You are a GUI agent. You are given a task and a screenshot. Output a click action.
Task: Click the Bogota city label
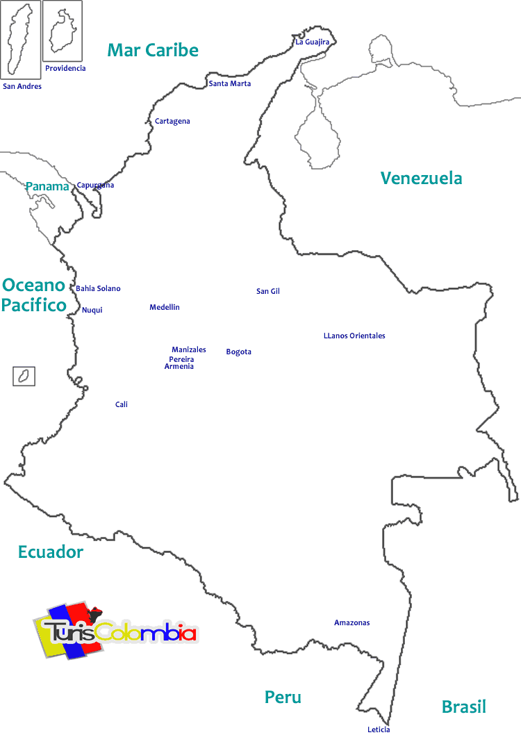[238, 352]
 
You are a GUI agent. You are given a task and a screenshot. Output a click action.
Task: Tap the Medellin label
[165, 307]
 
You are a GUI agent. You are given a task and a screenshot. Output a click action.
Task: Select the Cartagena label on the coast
[172, 122]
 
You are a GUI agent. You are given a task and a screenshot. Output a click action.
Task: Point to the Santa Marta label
[230, 83]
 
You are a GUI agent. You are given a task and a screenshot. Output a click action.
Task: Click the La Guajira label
[312, 42]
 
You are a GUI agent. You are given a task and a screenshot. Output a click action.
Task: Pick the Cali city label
[122, 404]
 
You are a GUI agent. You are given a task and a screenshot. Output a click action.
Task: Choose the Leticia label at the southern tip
[379, 729]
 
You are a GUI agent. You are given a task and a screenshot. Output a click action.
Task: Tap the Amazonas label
[352, 622]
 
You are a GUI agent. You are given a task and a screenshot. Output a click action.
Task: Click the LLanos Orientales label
[354, 336]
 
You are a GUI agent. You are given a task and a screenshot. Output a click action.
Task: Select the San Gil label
[267, 291]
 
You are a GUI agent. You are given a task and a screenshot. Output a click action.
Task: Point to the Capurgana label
[95, 185]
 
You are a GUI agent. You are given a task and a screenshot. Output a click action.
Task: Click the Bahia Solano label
[98, 288]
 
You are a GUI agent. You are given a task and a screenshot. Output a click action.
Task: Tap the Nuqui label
[92, 310]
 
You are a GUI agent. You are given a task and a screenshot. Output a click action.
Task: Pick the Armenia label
[179, 367]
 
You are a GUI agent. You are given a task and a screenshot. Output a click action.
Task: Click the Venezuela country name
[421, 179]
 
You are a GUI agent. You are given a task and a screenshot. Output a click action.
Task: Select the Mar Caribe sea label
[153, 50]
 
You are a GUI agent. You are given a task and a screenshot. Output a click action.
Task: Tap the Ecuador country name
[51, 552]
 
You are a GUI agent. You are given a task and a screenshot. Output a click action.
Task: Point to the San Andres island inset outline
[20, 40]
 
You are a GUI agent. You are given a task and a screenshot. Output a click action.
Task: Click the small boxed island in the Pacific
[24, 377]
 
